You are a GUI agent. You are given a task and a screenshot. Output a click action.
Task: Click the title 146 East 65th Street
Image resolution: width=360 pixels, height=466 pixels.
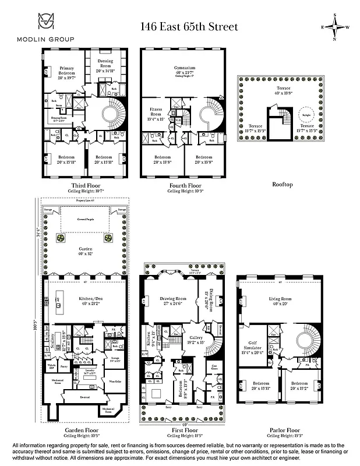tap(189, 27)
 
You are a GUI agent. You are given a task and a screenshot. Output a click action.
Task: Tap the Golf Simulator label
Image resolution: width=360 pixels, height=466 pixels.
tap(251, 349)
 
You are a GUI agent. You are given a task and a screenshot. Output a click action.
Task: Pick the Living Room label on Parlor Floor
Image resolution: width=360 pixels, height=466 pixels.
tap(280, 301)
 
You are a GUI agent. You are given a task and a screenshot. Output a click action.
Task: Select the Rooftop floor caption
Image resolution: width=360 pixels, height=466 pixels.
tap(282, 184)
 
